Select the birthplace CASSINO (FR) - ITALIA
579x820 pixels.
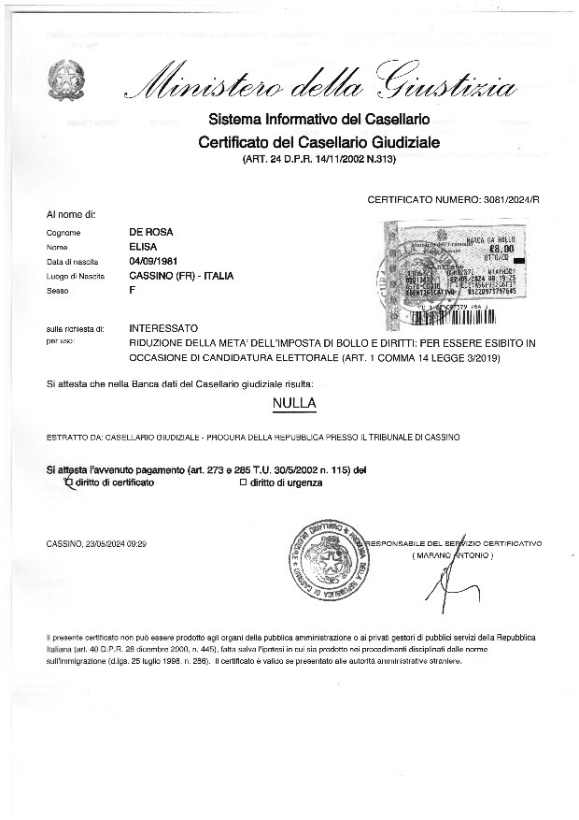point(181,277)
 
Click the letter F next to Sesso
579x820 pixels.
point(132,292)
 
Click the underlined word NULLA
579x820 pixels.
point(294,403)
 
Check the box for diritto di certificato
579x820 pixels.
point(66,483)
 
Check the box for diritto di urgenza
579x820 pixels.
point(243,483)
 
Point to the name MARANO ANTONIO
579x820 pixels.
point(453,555)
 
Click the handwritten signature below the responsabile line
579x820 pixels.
point(443,584)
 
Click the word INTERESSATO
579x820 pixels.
point(163,329)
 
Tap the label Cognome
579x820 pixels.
point(64,233)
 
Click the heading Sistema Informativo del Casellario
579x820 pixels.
point(318,121)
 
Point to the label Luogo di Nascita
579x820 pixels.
point(76,278)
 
